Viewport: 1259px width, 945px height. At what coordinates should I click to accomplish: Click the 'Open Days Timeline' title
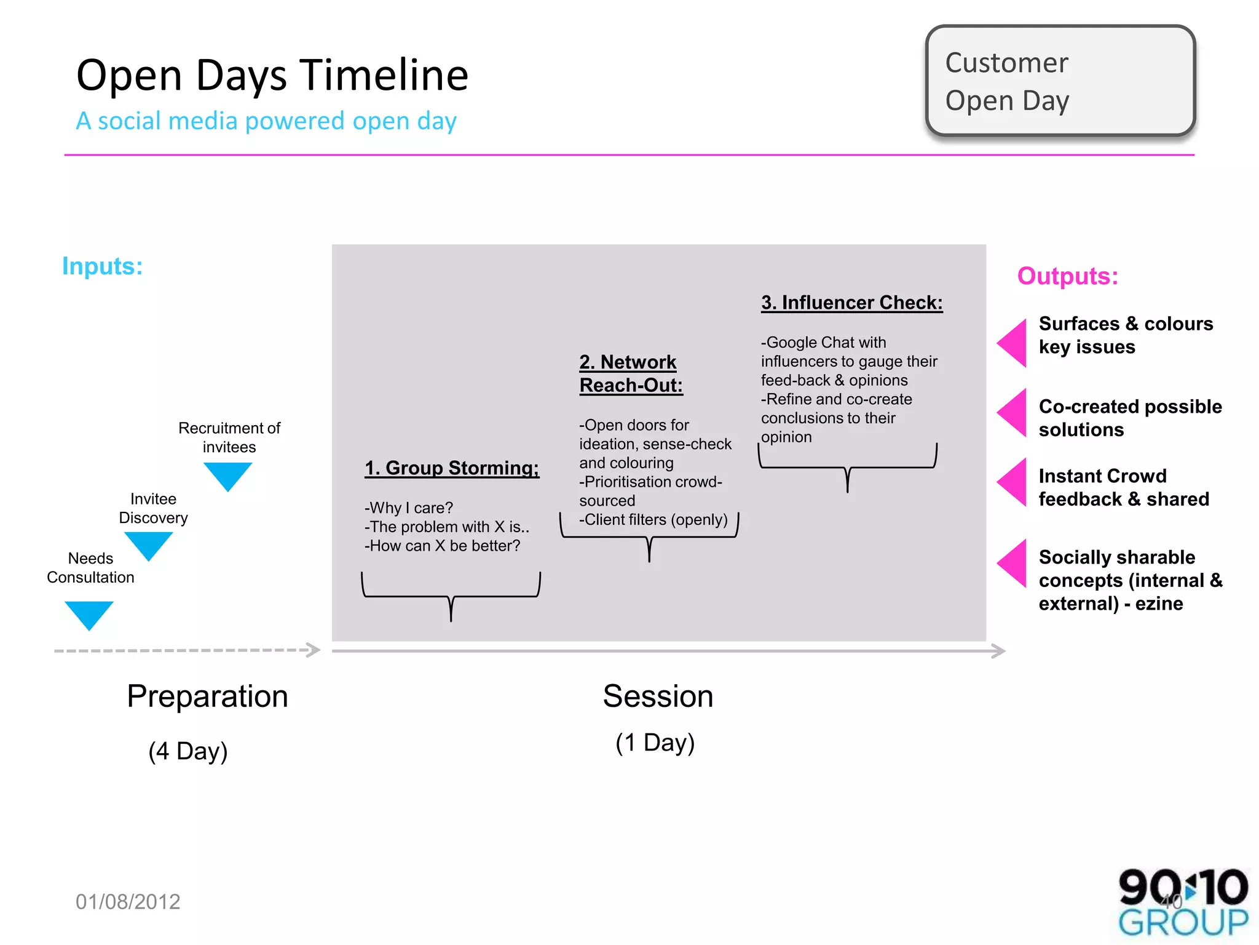272,75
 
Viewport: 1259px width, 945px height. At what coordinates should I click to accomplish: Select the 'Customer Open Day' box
1060,81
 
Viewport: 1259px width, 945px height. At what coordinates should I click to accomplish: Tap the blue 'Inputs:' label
103,266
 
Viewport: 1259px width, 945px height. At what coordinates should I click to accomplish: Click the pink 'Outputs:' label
1067,276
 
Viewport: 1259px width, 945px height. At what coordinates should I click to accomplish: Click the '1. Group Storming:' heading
452,468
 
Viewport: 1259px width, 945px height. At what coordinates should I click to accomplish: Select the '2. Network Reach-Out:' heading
631,373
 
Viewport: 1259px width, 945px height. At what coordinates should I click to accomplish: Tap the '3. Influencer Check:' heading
851,303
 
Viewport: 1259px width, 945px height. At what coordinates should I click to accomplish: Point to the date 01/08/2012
128,902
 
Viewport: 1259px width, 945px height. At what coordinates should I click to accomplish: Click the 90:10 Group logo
1183,902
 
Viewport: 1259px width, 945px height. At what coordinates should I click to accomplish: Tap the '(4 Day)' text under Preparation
188,751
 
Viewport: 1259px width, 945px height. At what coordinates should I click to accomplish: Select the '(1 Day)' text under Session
655,743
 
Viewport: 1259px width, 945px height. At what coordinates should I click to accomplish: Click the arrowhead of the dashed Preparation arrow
314,650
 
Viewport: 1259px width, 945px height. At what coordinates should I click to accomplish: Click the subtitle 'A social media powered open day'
266,121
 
